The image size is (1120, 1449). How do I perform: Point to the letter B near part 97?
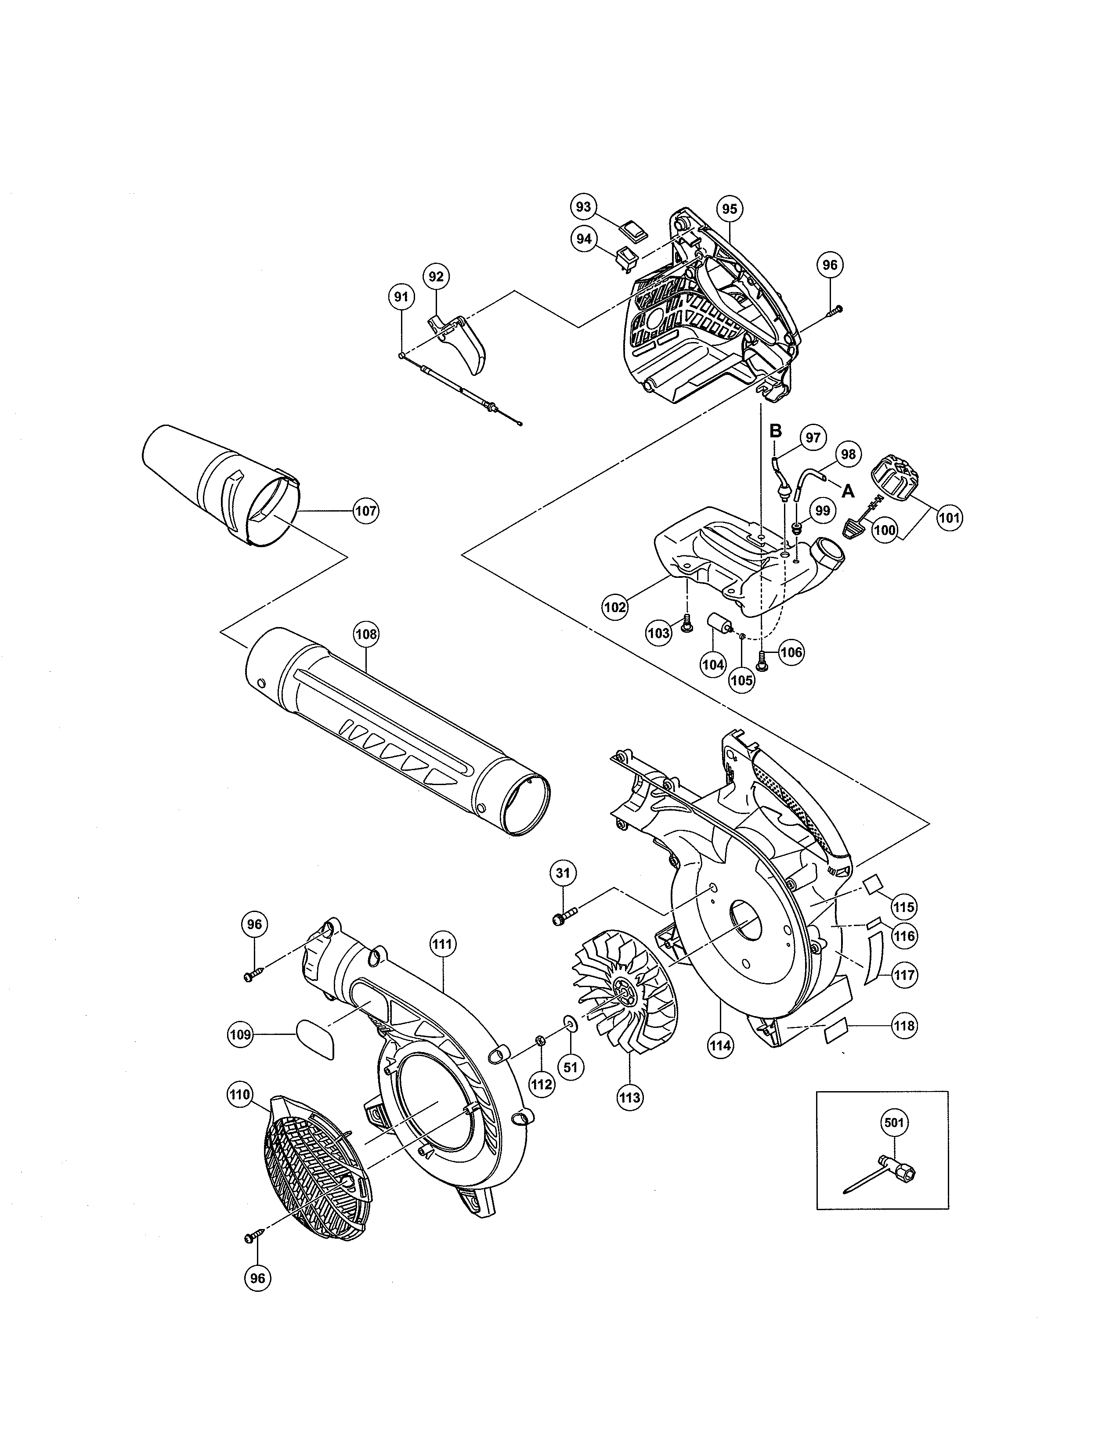coord(775,431)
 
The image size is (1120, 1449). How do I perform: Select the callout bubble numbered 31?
coord(563,874)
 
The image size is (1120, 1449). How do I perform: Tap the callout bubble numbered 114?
coord(721,1046)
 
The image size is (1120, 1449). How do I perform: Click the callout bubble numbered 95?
coord(729,209)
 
